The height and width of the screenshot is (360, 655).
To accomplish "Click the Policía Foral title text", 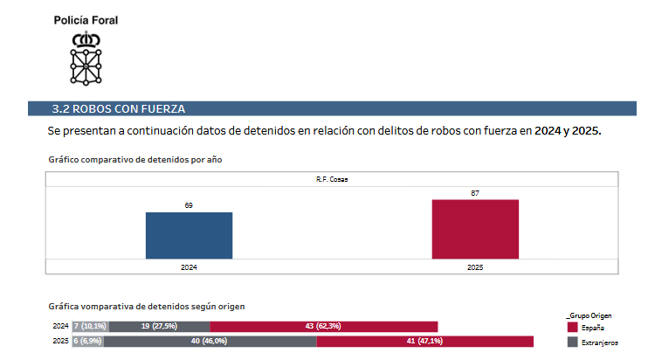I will pyautogui.click(x=86, y=19).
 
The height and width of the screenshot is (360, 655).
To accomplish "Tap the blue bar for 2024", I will pyautogui.click(x=189, y=235).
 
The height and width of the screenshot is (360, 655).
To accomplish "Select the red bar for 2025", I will pyautogui.click(x=475, y=229).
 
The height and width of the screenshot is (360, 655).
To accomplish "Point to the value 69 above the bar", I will pyautogui.click(x=189, y=205).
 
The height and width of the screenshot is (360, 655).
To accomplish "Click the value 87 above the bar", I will pyautogui.click(x=475, y=193).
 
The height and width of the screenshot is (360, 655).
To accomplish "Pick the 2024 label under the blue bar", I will pyautogui.click(x=189, y=267).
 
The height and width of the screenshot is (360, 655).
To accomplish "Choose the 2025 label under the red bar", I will pyautogui.click(x=475, y=267).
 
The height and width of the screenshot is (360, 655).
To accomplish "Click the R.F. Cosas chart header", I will pyautogui.click(x=332, y=179).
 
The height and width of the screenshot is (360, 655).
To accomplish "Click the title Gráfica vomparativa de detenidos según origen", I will pyautogui.click(x=146, y=307).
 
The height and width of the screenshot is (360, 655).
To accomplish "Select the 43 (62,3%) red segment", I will pyautogui.click(x=323, y=326).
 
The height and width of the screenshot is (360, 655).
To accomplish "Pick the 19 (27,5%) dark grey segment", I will pyautogui.click(x=159, y=326).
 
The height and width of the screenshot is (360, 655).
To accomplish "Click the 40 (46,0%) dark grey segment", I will pyautogui.click(x=210, y=341).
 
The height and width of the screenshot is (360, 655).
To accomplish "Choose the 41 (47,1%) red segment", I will pyautogui.click(x=424, y=341).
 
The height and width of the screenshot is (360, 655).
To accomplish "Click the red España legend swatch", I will pyautogui.click(x=573, y=326).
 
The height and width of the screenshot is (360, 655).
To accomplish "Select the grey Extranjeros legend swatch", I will pyautogui.click(x=573, y=342).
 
